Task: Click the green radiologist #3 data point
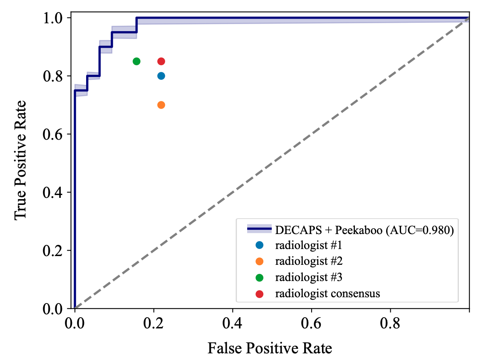pyautogui.click(x=136, y=61)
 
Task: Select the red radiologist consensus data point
pyautogui.click(x=161, y=61)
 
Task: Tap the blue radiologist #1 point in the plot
pyautogui.click(x=161, y=76)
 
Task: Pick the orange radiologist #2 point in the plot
pyautogui.click(x=161, y=105)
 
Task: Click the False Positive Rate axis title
pyautogui.click(x=270, y=348)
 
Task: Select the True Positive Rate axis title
pyautogui.click(x=21, y=160)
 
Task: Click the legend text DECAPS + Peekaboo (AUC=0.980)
pyautogui.click(x=364, y=229)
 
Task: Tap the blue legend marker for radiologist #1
pyautogui.click(x=260, y=245)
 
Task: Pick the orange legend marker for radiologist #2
pyautogui.click(x=260, y=261)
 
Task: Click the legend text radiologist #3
pyautogui.click(x=309, y=277)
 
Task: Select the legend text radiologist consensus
pyautogui.click(x=328, y=293)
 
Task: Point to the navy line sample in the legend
pyautogui.click(x=259, y=229)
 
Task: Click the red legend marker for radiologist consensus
pyautogui.click(x=260, y=293)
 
